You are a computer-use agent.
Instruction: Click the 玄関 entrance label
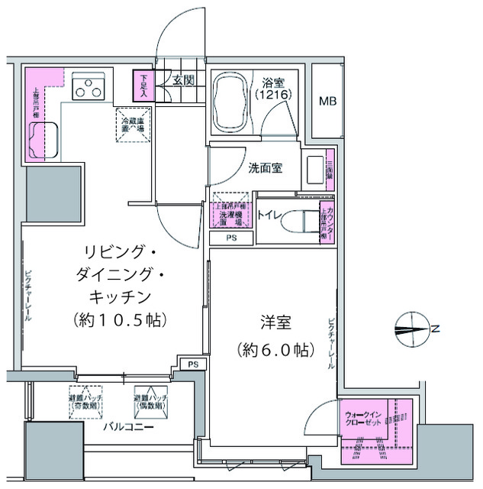(x=182, y=79)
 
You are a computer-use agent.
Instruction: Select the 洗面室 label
(x=265, y=168)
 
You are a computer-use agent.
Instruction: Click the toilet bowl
(x=295, y=222)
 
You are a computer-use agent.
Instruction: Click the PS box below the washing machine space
(x=230, y=238)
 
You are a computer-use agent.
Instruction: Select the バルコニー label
(x=129, y=427)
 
